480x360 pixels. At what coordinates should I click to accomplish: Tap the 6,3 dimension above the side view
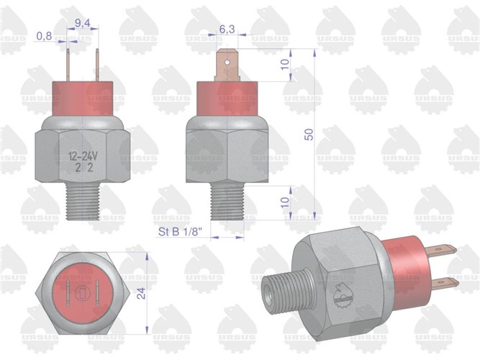226,29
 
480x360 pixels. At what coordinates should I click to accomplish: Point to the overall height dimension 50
310,136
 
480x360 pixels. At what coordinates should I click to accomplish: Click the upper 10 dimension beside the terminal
286,65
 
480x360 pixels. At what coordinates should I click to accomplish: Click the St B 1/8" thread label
180,232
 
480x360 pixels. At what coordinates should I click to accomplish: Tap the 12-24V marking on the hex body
83,156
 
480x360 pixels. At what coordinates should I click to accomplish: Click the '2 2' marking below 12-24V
83,169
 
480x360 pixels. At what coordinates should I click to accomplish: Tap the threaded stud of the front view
83,203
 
